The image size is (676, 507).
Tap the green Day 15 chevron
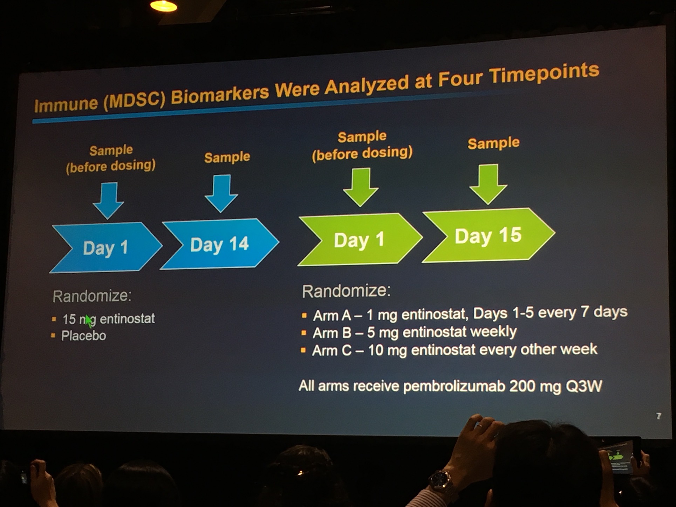pyautogui.click(x=489, y=235)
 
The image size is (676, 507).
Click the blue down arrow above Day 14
pyautogui.click(x=221, y=193)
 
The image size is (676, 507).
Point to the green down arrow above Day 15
pyautogui.click(x=488, y=184)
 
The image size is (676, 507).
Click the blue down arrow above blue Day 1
pyautogui.click(x=109, y=200)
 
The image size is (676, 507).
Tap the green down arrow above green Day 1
pyautogui.click(x=361, y=187)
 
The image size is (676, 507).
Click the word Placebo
pyautogui.click(x=83, y=336)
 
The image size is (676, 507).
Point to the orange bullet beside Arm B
pyautogui.click(x=304, y=333)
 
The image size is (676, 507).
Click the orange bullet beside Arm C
pyautogui.click(x=303, y=350)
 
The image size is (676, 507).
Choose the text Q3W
pyautogui.click(x=584, y=386)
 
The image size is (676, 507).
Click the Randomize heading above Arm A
pyautogui.click(x=346, y=291)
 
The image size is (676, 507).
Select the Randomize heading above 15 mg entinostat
pyautogui.click(x=92, y=296)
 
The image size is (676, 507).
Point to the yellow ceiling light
pyautogui.click(x=163, y=6)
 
